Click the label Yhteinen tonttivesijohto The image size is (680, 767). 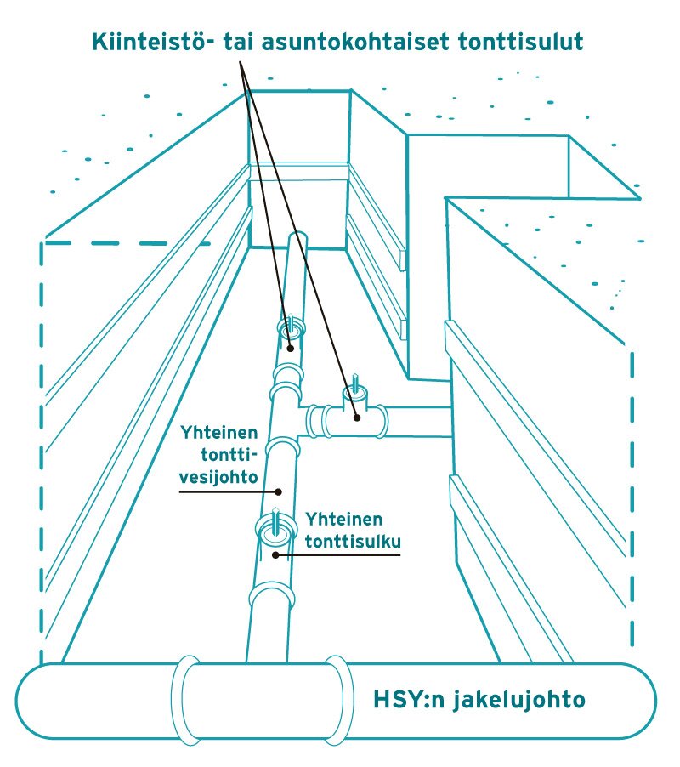218,455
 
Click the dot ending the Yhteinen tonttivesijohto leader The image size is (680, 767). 278,491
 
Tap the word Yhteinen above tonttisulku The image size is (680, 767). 343,519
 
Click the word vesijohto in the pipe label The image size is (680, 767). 218,477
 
